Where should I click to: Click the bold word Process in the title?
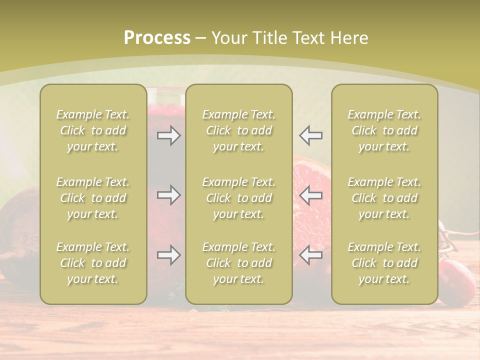(x=157, y=38)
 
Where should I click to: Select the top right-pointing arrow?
(x=168, y=135)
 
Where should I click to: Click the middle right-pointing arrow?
(x=168, y=195)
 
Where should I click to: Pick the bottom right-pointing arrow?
(x=168, y=255)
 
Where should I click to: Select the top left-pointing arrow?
(x=311, y=135)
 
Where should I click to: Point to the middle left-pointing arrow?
(x=311, y=195)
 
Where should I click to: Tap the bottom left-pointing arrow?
(x=311, y=255)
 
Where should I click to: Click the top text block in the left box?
(x=93, y=130)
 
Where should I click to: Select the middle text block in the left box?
(x=93, y=198)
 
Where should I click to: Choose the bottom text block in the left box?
(x=93, y=263)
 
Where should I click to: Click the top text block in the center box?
(x=239, y=130)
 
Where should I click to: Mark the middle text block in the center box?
(x=239, y=198)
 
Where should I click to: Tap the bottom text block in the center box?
(x=239, y=263)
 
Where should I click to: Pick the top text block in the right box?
(x=384, y=130)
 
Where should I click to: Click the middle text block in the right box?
(x=384, y=198)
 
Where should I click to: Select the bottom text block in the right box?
(x=384, y=263)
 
